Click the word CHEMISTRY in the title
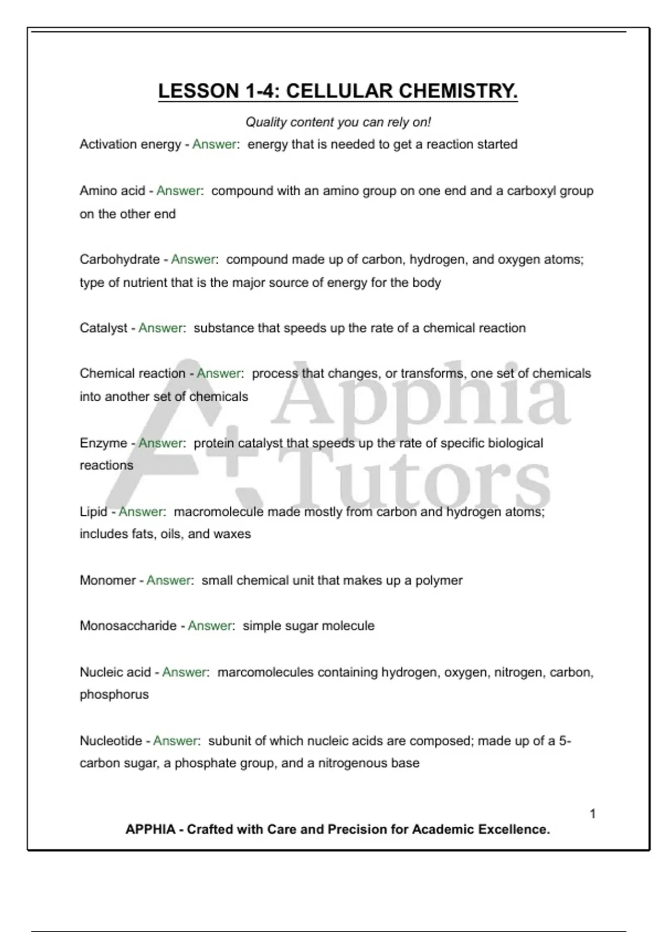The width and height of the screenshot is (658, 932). coord(458,91)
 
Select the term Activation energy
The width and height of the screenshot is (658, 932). coord(130,144)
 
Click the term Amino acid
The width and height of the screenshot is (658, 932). coord(112,191)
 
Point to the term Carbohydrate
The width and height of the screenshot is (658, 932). coord(120,259)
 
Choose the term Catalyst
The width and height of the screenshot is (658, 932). coord(103,328)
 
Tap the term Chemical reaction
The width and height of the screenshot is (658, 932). coord(132,373)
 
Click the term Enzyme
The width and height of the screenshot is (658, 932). coord(103,443)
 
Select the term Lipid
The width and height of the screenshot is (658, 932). coord(93,512)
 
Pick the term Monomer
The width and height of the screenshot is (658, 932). coord(107,580)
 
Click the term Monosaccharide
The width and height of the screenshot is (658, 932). coord(128,626)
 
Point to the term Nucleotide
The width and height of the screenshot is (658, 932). coord(111,741)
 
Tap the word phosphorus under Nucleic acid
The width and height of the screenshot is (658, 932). coord(114,695)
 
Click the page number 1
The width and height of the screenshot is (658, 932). coord(592,814)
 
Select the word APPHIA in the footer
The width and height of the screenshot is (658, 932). coord(150,829)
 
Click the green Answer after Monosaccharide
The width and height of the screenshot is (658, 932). coord(211,626)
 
